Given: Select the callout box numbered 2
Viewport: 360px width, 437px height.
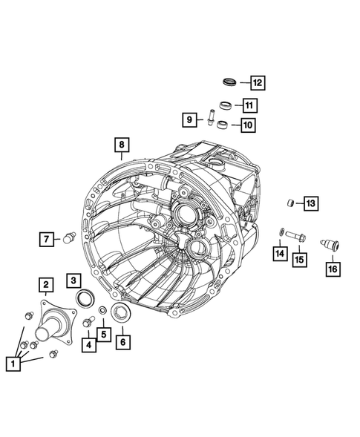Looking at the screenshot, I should coord(45,284).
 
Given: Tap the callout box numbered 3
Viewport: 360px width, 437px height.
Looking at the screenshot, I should coord(73,280).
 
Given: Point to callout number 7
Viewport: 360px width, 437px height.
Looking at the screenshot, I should coord(48,238).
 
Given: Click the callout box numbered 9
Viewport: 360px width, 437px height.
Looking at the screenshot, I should coord(189,118).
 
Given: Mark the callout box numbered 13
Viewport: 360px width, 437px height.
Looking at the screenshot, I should coord(310,203).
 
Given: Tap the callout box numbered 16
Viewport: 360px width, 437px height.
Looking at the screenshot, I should coord(331,269).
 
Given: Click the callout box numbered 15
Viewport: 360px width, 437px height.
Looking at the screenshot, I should coord(299,259).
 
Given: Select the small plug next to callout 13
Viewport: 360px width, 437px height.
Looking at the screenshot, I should coord(292,203).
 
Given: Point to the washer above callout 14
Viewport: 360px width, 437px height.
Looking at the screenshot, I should coord(280,233).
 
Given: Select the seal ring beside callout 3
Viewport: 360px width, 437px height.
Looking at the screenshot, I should coord(87,298).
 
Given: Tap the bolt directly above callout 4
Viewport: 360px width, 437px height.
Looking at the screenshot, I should coord(88,321).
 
